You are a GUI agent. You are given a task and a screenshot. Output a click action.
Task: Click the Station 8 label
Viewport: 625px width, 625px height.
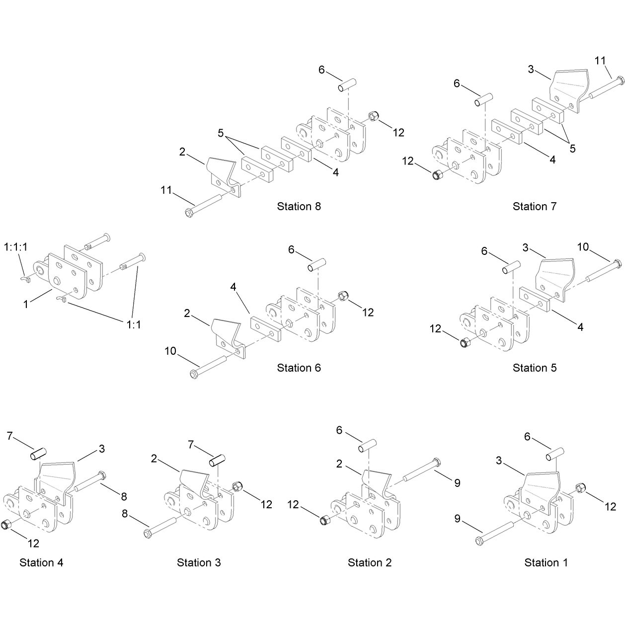pos(299,206)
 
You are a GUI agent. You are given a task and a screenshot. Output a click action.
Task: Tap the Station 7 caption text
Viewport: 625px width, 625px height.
pos(535,206)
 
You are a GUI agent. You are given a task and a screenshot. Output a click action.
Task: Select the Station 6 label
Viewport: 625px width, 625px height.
pos(299,368)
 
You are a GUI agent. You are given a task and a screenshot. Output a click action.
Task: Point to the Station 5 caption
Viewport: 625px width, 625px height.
pos(535,368)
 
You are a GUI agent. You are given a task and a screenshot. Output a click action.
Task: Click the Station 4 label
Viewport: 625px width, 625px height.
pos(41,562)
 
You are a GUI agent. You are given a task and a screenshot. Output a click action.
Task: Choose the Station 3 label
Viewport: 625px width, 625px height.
pos(199,562)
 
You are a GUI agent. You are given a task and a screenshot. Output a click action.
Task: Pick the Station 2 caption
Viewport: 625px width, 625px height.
pos(370,562)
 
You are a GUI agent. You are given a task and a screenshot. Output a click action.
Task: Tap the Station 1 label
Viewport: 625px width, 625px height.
pos(546,562)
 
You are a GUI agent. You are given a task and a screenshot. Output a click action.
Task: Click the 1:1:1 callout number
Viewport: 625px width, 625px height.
pos(15,247)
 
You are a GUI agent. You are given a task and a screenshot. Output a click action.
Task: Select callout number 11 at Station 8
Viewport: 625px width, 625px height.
pos(166,190)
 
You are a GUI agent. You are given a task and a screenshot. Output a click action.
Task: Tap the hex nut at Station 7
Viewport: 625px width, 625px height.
pos(437,175)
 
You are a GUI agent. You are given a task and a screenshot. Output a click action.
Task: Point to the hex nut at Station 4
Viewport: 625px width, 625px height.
pos(5,525)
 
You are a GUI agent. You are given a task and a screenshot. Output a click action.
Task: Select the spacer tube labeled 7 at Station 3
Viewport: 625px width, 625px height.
pos(217,461)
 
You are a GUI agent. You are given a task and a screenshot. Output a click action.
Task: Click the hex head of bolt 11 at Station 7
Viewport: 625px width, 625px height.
pos(620,80)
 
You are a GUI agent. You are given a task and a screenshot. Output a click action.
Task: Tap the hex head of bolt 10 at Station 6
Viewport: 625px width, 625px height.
pos(194,374)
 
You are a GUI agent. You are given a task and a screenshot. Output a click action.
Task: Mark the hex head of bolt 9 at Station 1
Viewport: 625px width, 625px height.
pos(479,541)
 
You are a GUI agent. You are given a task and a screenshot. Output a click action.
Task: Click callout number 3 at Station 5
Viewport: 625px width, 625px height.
pos(526,248)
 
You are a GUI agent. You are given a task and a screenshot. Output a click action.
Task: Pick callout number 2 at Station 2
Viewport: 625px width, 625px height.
pos(339,464)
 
